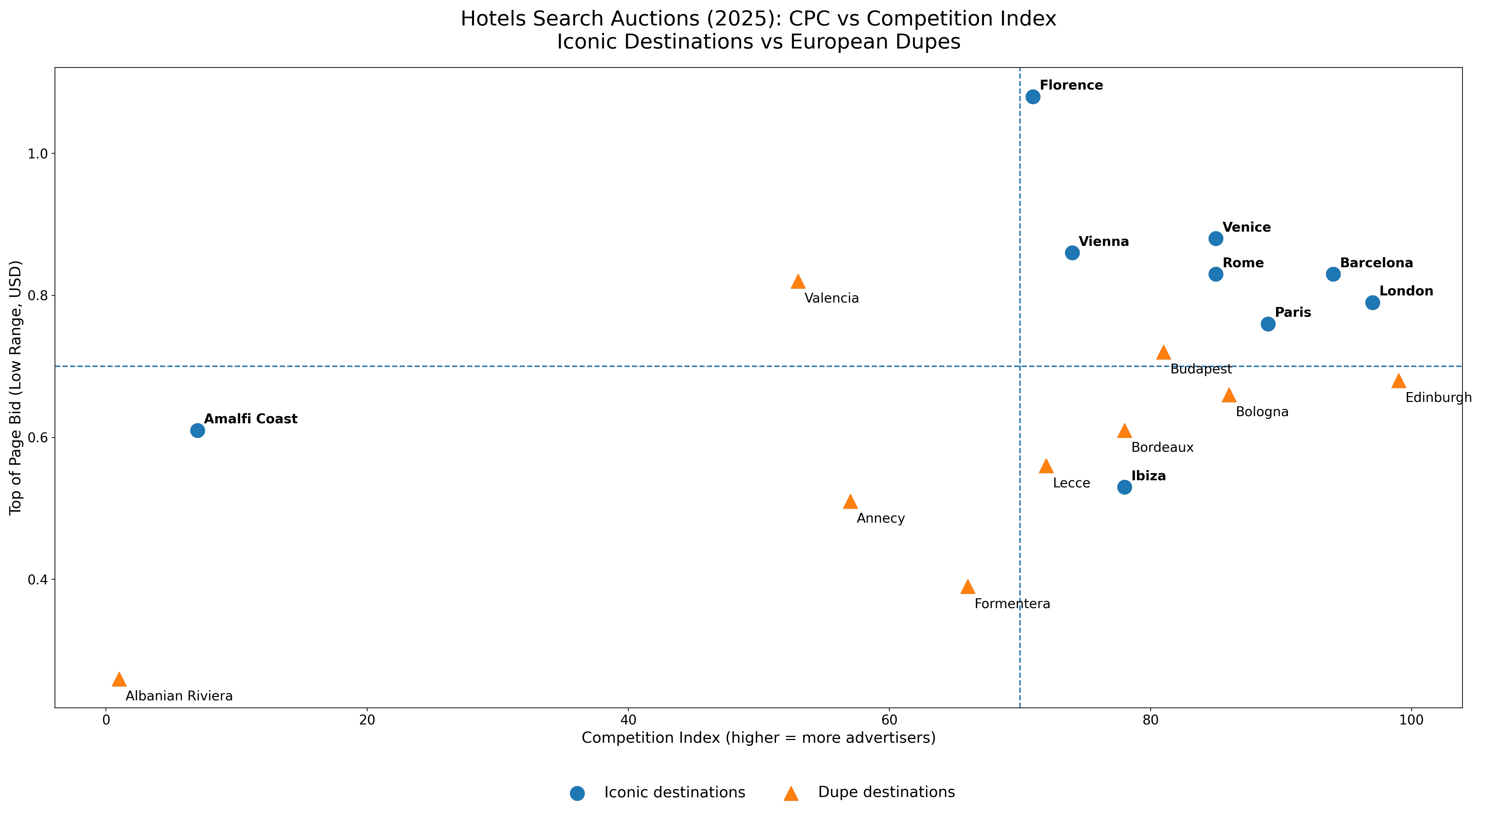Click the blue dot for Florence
[1033, 97]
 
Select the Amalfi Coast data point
[197, 430]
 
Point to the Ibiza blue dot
[1125, 487]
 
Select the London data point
[1373, 303]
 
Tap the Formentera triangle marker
[968, 587]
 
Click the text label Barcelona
[1377, 263]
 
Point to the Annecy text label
[881, 519]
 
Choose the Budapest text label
[1201, 369]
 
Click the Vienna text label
[1103, 241]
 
